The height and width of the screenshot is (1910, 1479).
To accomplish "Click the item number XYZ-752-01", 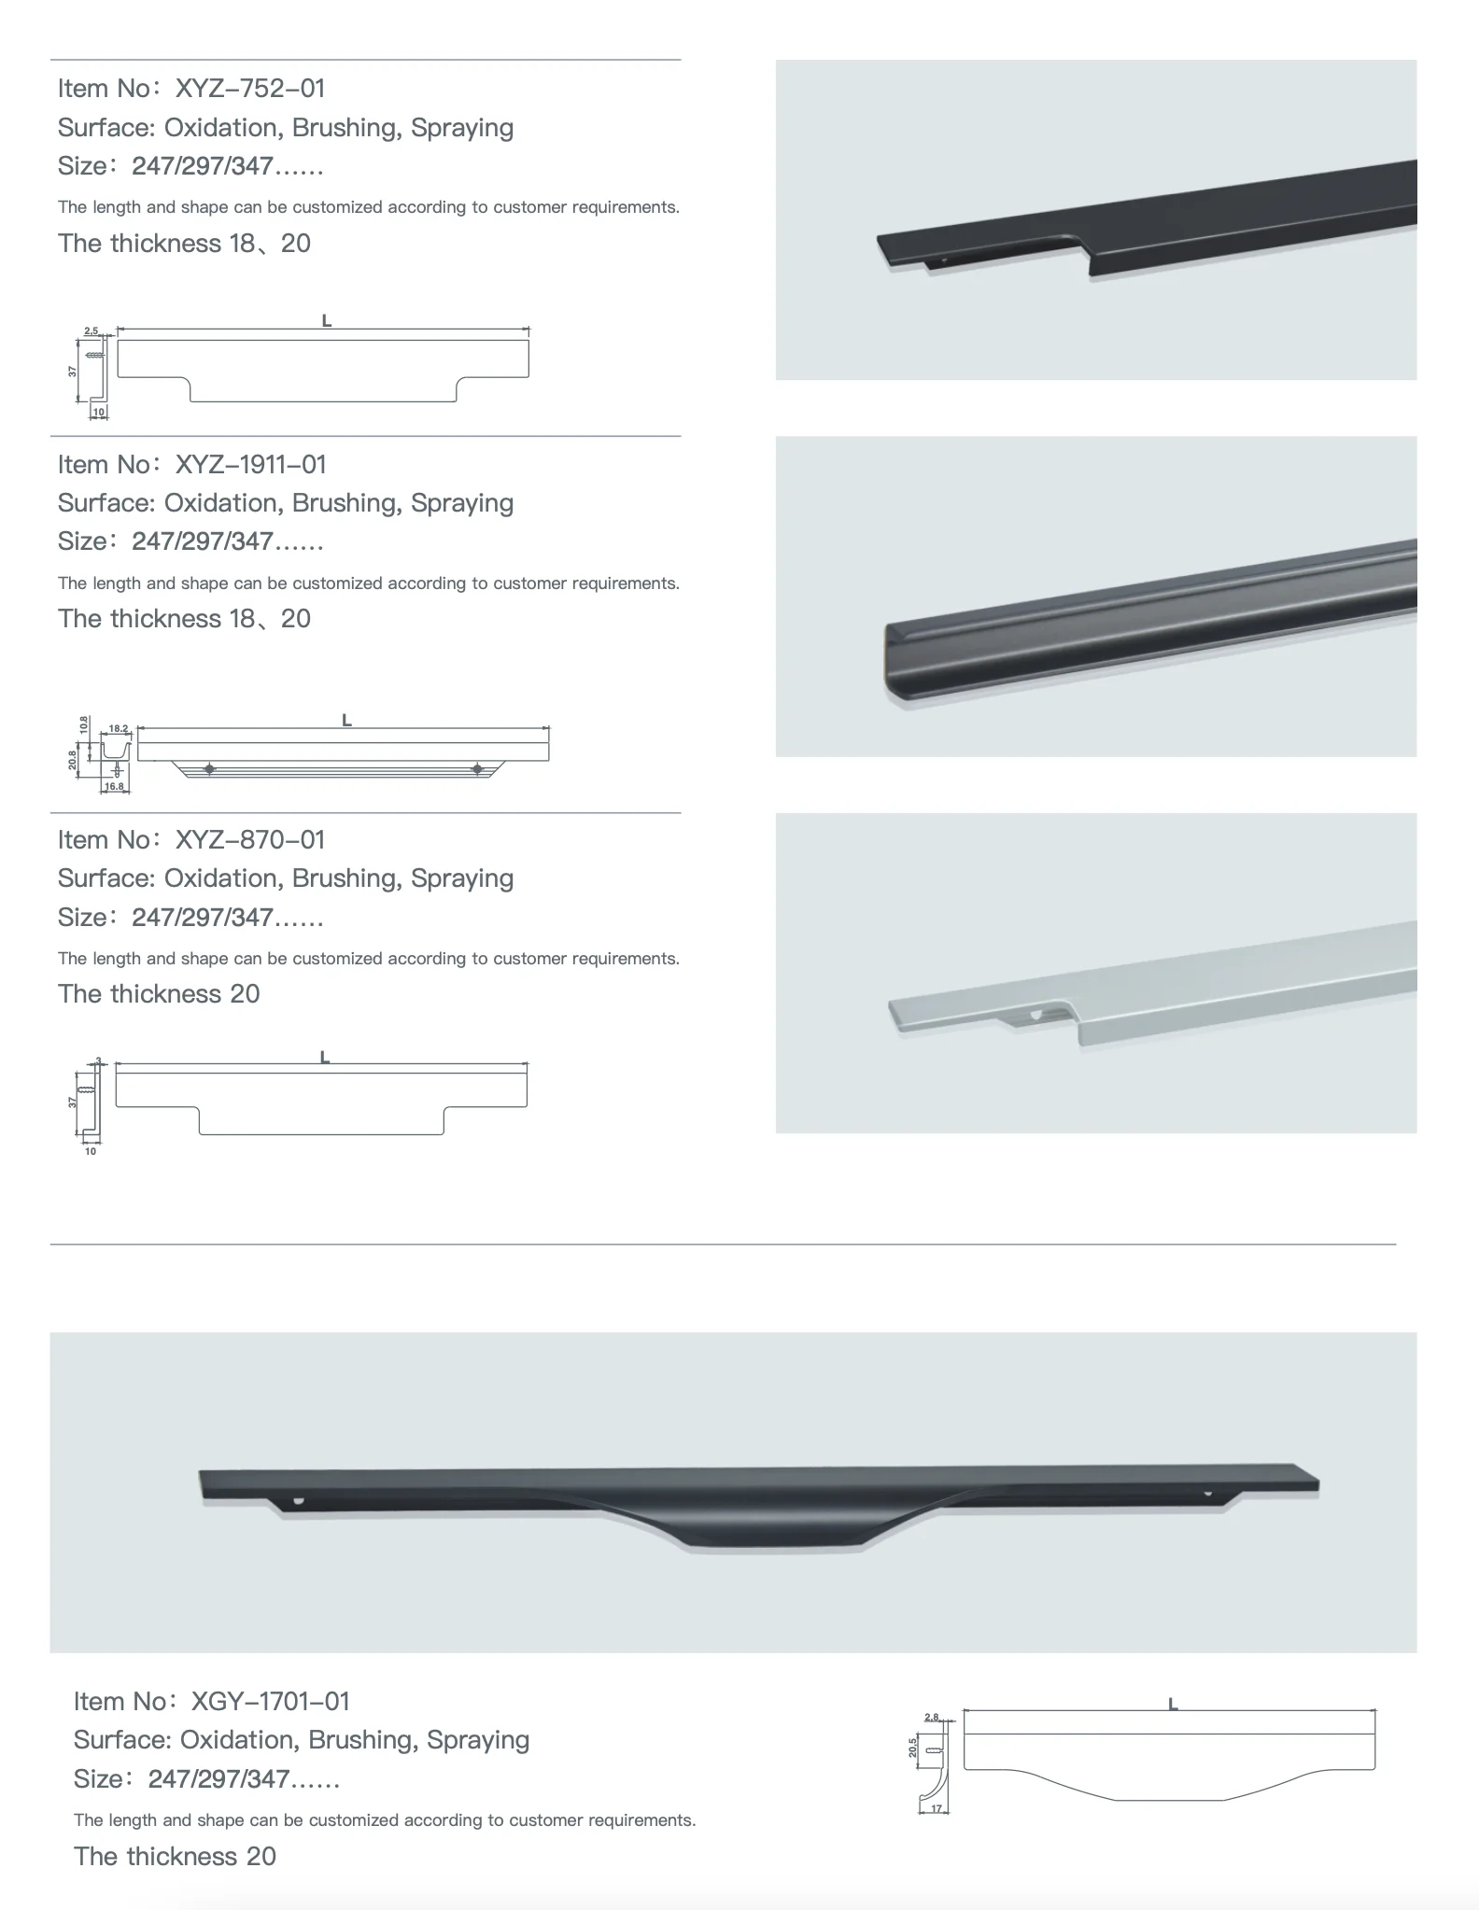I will (250, 89).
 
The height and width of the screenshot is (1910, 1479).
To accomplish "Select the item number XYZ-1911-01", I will (250, 464).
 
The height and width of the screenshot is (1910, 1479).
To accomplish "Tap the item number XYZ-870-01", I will (250, 839).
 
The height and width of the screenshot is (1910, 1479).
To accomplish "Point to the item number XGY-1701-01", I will (270, 1701).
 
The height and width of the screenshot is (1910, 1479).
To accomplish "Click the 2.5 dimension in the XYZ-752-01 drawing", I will (92, 331).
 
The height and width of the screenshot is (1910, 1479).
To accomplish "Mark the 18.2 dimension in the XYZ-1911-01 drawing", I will (119, 728).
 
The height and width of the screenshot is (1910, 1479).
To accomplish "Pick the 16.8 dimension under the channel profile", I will (114, 787).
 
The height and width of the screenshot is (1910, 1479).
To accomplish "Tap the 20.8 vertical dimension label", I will (73, 760).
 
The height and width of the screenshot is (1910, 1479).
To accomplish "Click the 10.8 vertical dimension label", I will (84, 724).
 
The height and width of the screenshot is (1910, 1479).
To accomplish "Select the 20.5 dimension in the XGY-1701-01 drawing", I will (913, 1747).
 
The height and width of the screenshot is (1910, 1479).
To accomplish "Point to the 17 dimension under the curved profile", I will (937, 1809).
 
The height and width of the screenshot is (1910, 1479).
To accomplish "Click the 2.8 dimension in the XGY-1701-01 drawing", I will (931, 1717).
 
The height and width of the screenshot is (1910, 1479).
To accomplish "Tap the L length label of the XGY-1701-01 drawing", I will (1173, 1705).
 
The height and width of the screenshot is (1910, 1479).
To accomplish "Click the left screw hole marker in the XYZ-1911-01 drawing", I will (209, 768).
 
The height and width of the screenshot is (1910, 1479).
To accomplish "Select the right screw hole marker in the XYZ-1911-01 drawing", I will (478, 768).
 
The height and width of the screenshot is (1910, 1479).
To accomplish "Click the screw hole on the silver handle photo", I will (1036, 1012).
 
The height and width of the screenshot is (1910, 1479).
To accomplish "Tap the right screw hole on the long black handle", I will (1207, 1493).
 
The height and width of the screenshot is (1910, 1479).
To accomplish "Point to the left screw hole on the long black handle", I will (299, 1502).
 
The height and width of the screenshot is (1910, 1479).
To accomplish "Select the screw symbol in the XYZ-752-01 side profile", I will (94, 356).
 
